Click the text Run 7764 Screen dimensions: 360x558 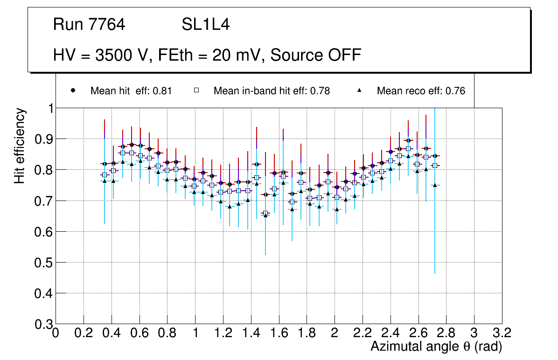click(x=89, y=25)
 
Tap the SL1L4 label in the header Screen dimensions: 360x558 click(x=205, y=25)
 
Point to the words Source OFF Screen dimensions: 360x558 click(x=316, y=55)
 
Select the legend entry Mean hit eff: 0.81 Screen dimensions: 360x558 click(x=131, y=91)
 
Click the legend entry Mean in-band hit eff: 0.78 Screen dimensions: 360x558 click(x=272, y=91)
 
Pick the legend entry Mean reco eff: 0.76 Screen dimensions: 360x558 click(x=421, y=91)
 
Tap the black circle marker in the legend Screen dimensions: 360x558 click(x=73, y=90)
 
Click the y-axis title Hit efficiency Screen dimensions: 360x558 click(x=20, y=145)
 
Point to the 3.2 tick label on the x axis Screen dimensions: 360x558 click(x=502, y=333)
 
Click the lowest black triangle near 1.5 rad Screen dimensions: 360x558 click(x=265, y=215)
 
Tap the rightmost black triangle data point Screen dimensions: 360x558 click(x=435, y=185)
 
